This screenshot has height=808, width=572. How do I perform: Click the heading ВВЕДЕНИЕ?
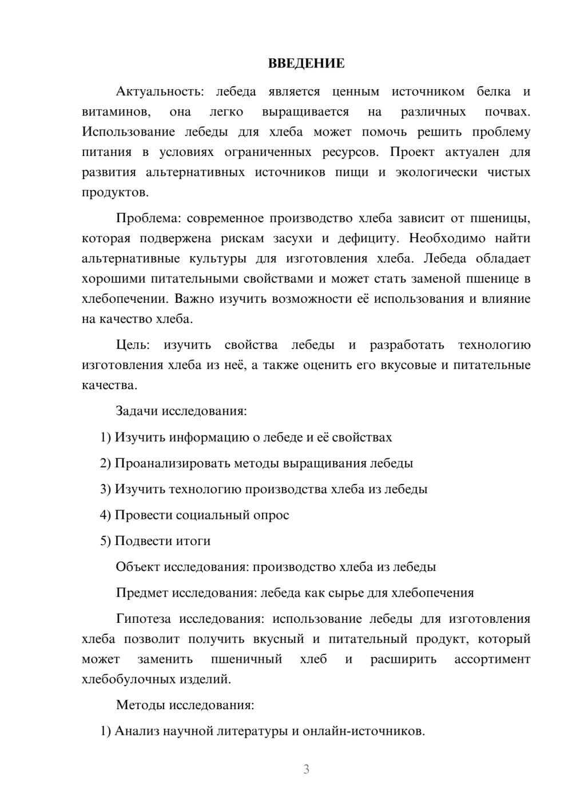pyautogui.click(x=306, y=63)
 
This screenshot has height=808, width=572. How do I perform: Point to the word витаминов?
pyautogui.click(x=116, y=112)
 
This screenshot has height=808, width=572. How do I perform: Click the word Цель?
pyautogui.click(x=133, y=345)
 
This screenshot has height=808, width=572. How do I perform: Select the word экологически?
pyautogui.click(x=436, y=173)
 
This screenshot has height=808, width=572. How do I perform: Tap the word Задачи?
pyautogui.click(x=137, y=411)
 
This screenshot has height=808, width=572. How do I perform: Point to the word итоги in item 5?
pyautogui.click(x=196, y=541)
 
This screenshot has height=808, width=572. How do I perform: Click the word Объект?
pyautogui.click(x=138, y=567)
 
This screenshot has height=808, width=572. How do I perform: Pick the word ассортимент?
pyautogui.click(x=492, y=659)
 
